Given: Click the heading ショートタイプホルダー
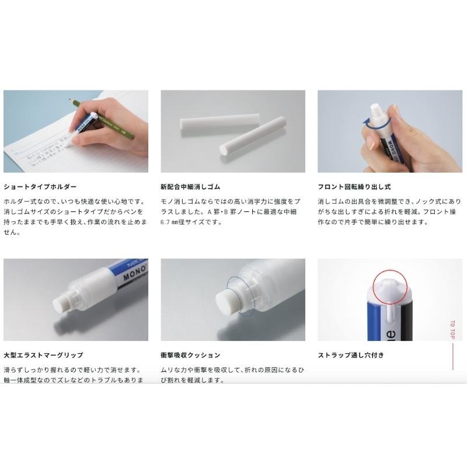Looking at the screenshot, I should (x=40, y=187).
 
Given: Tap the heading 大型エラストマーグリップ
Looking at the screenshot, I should (x=43, y=355).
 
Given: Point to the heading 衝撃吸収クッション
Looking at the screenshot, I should (x=190, y=355).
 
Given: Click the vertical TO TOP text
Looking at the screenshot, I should (x=452, y=330).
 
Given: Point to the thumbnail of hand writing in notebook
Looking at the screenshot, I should (x=76, y=131).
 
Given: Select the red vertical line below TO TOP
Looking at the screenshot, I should (x=452, y=357).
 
